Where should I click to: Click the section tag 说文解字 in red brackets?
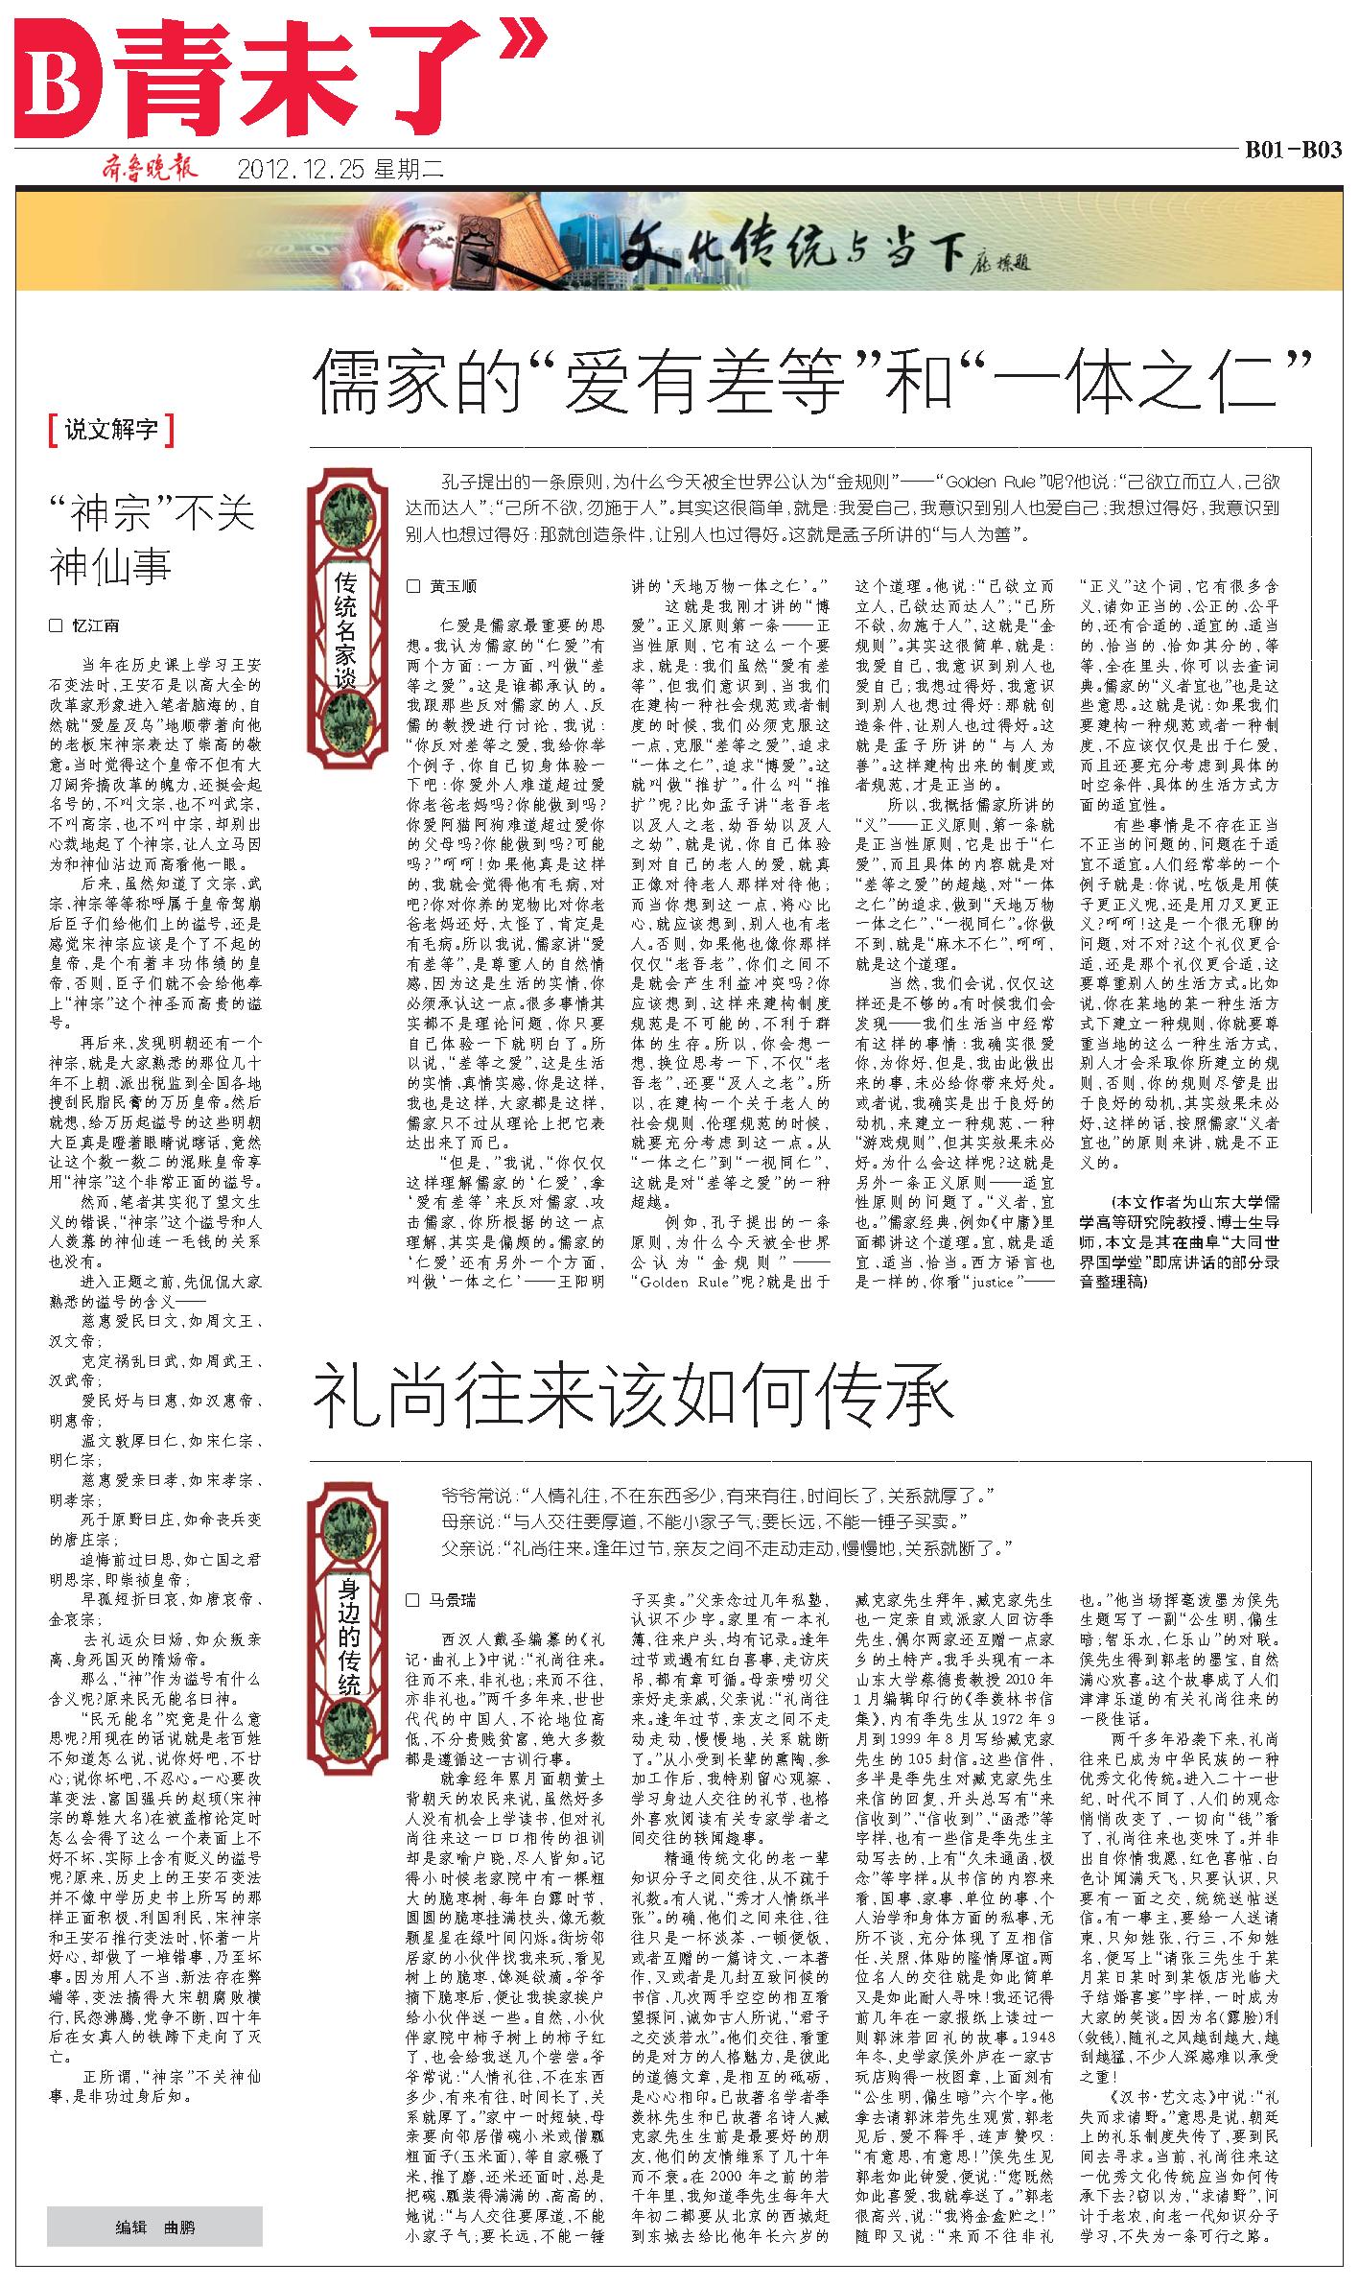pos(111,430)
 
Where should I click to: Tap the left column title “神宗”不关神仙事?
pos(152,539)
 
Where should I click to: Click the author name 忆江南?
pos(96,625)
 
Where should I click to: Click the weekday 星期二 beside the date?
pos(408,171)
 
